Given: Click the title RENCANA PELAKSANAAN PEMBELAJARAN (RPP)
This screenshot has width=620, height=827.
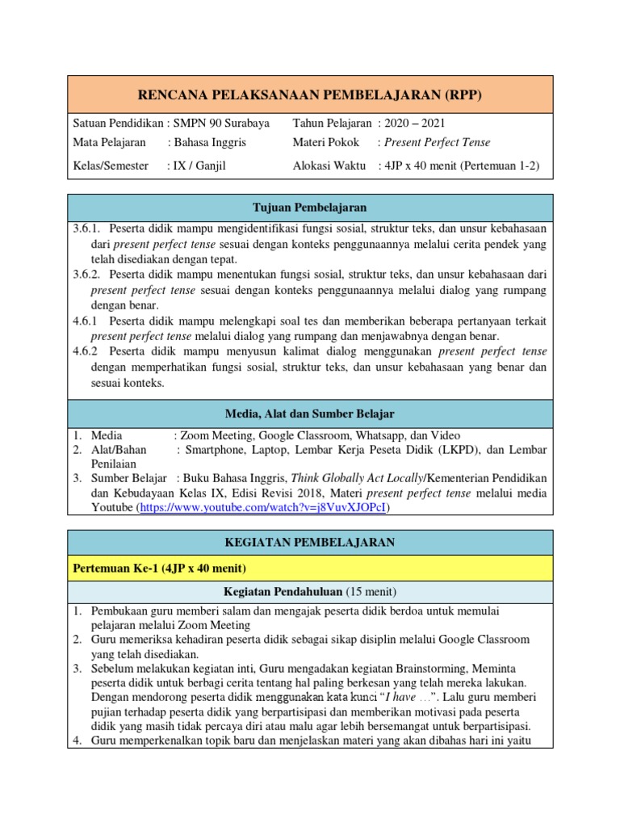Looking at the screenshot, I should (x=310, y=95).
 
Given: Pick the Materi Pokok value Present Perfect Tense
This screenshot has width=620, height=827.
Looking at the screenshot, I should (x=438, y=142).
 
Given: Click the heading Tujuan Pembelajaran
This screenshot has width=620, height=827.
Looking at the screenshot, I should (x=310, y=208).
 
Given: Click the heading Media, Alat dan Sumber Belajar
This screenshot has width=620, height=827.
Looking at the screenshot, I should (x=310, y=413).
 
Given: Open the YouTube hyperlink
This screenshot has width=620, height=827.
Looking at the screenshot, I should (x=263, y=508).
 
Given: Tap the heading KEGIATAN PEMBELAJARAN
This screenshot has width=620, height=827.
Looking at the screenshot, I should (x=310, y=543).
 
